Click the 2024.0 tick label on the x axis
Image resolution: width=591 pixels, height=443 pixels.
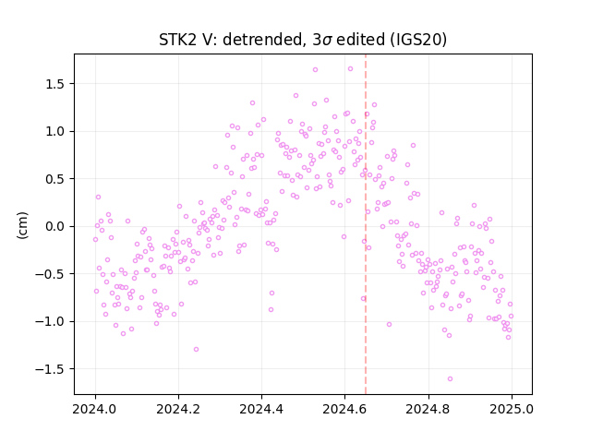click(95, 409)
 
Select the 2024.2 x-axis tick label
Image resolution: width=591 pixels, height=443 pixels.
click(178, 409)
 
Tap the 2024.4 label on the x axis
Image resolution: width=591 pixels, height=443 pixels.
click(261, 409)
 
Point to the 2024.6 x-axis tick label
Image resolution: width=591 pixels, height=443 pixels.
click(344, 409)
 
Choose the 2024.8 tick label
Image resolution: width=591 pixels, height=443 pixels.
click(428, 409)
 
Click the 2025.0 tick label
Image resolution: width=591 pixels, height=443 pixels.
click(512, 409)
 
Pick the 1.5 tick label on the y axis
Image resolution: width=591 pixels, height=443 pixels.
click(54, 84)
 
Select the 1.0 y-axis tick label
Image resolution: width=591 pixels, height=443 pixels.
click(54, 131)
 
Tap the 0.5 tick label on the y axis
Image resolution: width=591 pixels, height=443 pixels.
click(54, 179)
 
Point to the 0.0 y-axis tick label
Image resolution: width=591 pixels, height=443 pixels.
click(54, 226)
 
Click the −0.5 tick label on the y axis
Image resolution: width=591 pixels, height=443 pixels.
click(50, 274)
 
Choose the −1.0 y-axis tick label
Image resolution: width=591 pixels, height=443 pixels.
click(50, 321)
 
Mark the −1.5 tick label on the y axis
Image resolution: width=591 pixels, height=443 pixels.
click(50, 369)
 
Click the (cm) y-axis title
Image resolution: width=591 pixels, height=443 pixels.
click(22, 225)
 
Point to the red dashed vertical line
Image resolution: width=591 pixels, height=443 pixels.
click(366, 224)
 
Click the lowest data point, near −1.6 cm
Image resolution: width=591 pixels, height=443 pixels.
click(450, 378)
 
